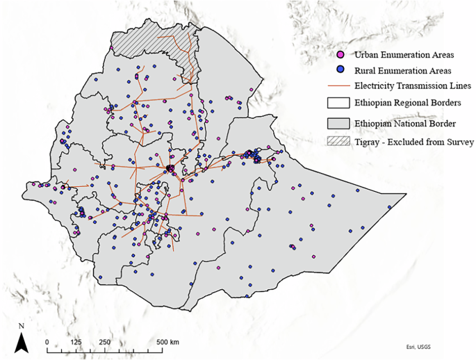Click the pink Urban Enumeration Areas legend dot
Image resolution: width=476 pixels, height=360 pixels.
[x=340, y=55]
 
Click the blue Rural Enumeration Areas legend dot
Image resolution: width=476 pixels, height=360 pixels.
[x=340, y=70]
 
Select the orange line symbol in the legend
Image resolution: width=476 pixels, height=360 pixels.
[x=340, y=86]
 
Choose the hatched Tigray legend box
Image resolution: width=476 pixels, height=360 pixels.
[x=340, y=142]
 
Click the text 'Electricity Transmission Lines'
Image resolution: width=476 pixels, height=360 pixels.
[x=413, y=86]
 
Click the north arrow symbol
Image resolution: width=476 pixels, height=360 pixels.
[x=22, y=341]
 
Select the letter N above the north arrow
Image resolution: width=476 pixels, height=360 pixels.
[x=22, y=325]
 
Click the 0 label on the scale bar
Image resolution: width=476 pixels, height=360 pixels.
[x=47, y=342]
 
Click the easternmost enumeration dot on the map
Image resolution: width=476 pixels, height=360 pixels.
[x=391, y=206]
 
